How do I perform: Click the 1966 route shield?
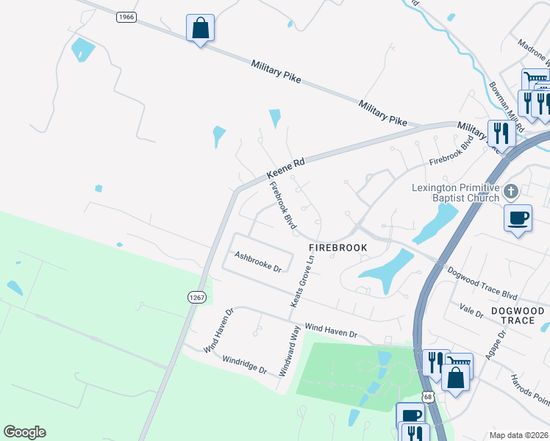pos(126,17)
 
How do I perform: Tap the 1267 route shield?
pos(196,297)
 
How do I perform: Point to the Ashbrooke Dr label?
pos(258,262)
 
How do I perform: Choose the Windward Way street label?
pos(289,351)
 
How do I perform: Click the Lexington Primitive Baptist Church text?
pos(456,193)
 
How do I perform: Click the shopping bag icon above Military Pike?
pos(200,29)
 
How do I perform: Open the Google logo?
pos(24,432)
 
